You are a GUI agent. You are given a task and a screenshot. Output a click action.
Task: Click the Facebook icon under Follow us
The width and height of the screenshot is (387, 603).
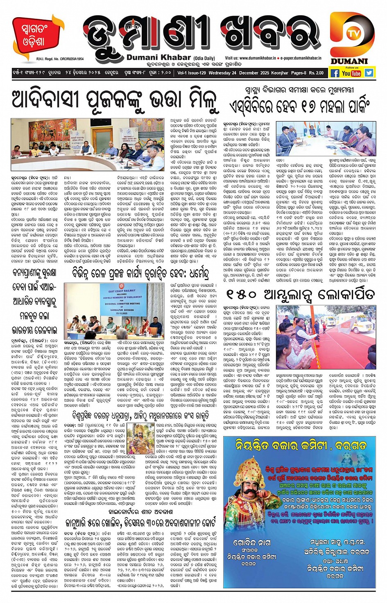(x=335, y=73)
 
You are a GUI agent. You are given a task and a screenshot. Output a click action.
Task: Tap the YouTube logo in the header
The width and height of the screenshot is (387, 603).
(x=351, y=73)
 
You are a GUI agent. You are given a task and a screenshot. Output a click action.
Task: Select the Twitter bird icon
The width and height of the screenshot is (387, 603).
(x=369, y=73)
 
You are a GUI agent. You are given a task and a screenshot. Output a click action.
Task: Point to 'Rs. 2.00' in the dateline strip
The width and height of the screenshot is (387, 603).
(x=316, y=73)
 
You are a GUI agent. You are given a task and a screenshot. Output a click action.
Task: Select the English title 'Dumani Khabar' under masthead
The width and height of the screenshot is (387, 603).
(x=158, y=58)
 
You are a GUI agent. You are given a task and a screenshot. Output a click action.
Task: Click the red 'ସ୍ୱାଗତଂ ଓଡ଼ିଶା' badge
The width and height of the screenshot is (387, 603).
(x=35, y=35)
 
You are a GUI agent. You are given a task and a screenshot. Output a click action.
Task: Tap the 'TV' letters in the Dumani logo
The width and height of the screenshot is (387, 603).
(x=351, y=34)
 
